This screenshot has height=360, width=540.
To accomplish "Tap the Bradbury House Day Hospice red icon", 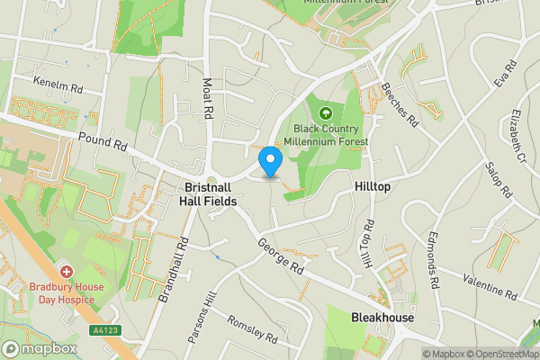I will [x=65, y=271].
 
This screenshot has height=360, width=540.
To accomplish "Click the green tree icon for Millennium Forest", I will [x=325, y=113].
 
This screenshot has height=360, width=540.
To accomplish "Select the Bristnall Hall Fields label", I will [x=209, y=194].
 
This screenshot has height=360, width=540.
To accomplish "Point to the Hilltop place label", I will [x=372, y=186].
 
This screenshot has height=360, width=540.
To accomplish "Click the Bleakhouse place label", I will [x=382, y=318].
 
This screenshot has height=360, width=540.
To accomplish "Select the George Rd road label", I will [x=278, y=256].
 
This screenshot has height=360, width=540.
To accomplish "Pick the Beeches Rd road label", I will [x=400, y=103].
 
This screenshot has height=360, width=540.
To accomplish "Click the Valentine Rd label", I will [x=491, y=291].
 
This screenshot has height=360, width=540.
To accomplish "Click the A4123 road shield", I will [x=105, y=330].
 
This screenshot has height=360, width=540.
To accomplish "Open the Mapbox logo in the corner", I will [x=40, y=348].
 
